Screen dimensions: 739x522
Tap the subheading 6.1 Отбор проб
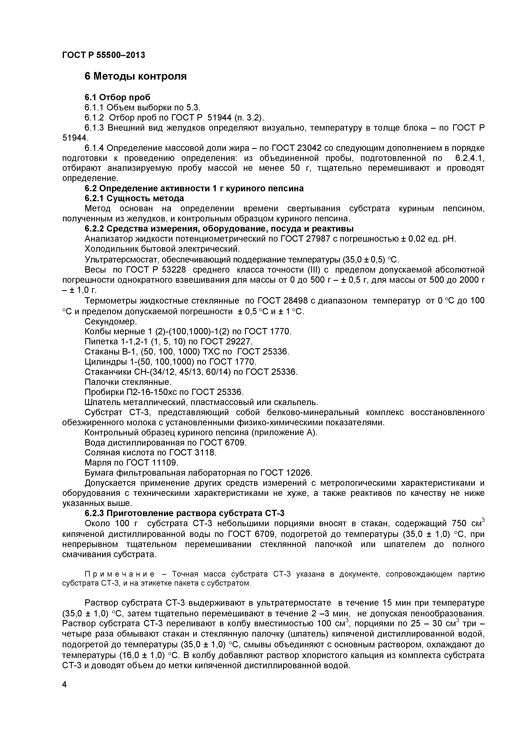pyautogui.click(x=117, y=97)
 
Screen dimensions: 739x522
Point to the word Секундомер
pyautogui.click(x=111, y=321)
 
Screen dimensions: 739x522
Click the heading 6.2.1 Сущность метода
pyautogui.click(x=134, y=198)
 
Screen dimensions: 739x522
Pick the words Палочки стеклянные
pyautogui.click(x=128, y=382)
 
